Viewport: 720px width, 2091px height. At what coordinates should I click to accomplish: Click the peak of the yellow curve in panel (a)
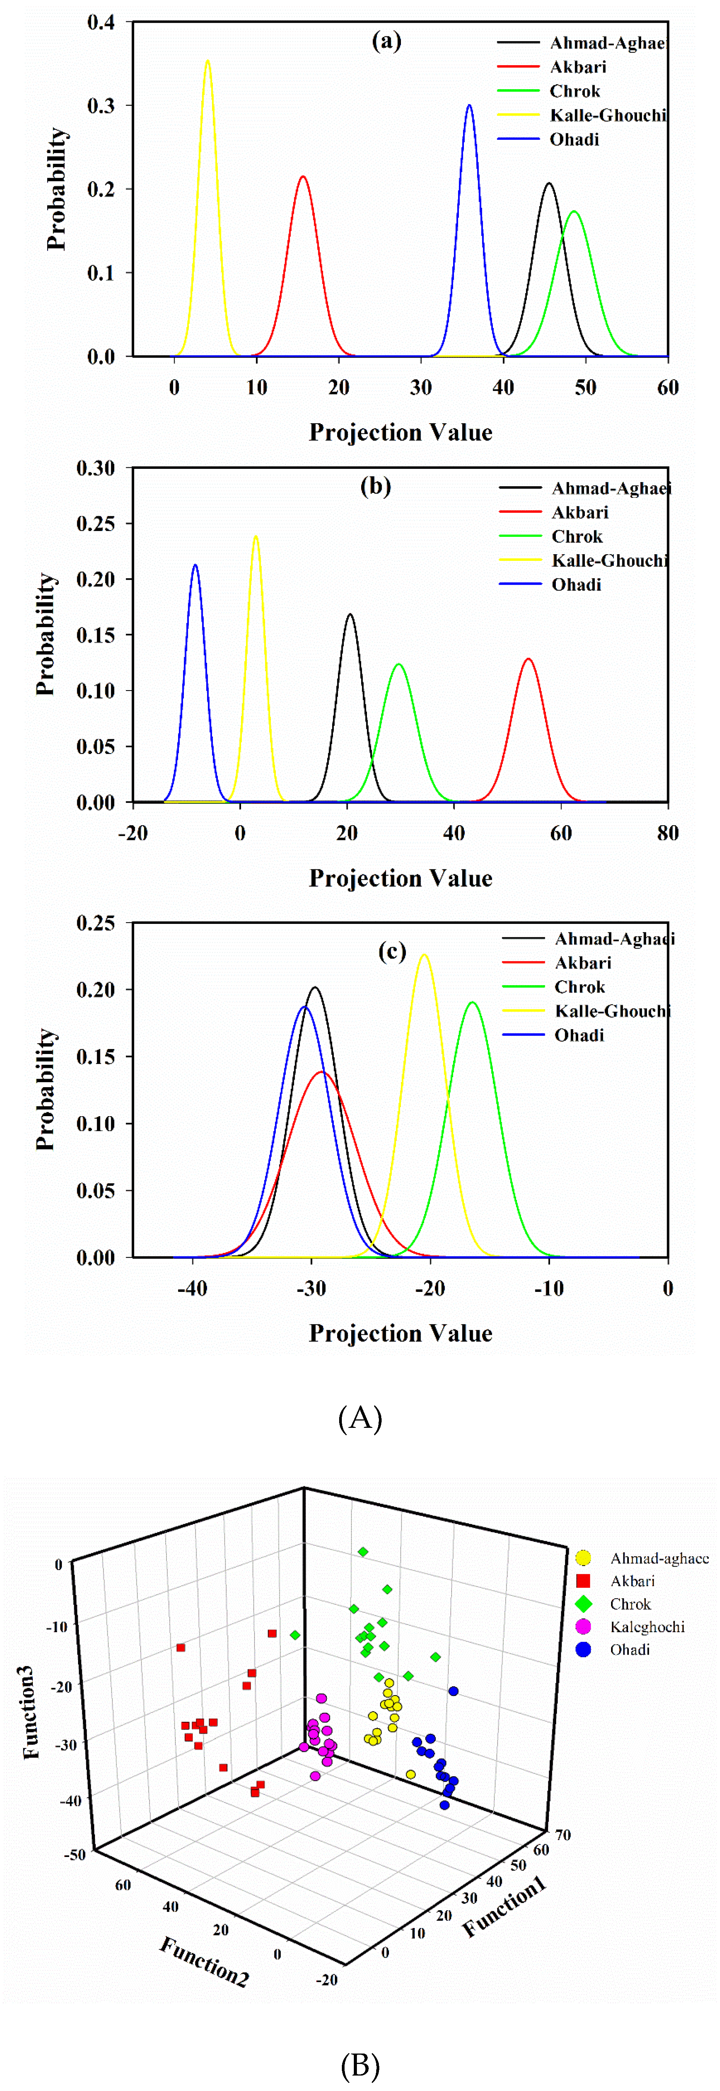(x=208, y=61)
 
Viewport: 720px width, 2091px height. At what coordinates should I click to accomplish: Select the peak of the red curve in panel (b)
(x=528, y=659)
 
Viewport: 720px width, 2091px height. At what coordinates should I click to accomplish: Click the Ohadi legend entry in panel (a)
(x=574, y=139)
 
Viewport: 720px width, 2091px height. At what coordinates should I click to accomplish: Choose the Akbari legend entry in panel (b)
(x=579, y=512)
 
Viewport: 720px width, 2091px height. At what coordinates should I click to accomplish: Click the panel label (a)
(x=386, y=41)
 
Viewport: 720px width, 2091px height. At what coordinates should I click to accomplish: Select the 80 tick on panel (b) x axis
(x=667, y=833)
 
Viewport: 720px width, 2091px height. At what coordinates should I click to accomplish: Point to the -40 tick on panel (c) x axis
(x=192, y=1288)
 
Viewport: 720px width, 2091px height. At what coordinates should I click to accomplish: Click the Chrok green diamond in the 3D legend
(x=583, y=1604)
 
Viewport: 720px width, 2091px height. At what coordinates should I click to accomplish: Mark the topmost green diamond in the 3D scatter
(x=363, y=1552)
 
